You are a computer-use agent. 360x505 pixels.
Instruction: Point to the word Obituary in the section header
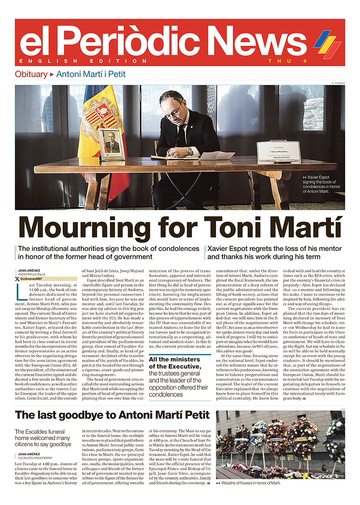click(31, 74)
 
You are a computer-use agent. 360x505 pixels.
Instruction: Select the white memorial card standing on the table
click(273, 151)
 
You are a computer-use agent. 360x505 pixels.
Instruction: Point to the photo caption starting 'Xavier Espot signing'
click(321, 183)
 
